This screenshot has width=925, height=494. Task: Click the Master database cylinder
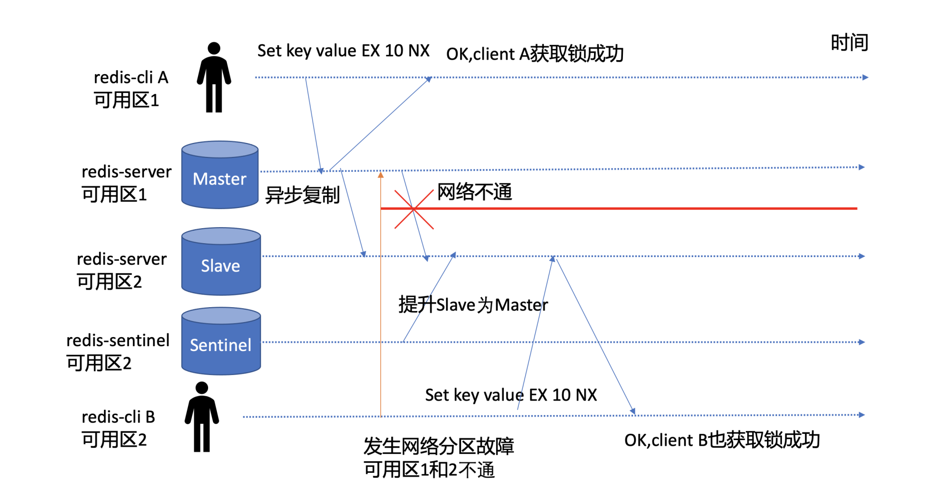220,175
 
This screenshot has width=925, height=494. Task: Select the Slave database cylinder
221,262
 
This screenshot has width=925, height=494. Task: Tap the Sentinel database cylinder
221,341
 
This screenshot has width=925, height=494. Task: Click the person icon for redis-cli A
214,78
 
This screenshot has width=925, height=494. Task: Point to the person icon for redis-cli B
202,417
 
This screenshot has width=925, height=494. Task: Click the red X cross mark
413,209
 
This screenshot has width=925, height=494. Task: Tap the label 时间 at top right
849,43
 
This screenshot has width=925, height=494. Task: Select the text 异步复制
303,195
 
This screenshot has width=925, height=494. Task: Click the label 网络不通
475,192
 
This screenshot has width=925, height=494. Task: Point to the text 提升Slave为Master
473,305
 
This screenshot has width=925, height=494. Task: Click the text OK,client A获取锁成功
535,54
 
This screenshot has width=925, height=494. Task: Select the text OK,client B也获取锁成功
722,440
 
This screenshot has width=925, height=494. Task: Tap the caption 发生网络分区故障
438,446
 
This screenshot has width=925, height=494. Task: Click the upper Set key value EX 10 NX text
343,51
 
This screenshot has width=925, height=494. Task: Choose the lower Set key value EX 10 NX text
511,395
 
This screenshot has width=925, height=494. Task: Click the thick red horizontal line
626,208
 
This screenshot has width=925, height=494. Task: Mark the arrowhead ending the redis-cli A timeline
865,78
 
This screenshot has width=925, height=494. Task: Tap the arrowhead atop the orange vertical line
381,175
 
